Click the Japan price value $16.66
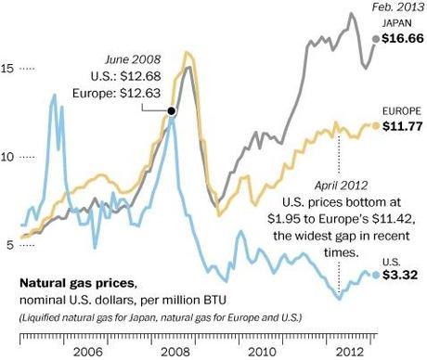tap(399, 40)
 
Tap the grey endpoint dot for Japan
tap(375, 39)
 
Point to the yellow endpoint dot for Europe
tap(376, 125)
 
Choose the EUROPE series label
tap(400, 109)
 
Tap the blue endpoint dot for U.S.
tap(376, 275)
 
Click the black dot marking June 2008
tap(172, 111)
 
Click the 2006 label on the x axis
tap(87, 353)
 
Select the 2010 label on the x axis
tap(261, 353)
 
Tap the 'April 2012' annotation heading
tap(342, 184)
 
